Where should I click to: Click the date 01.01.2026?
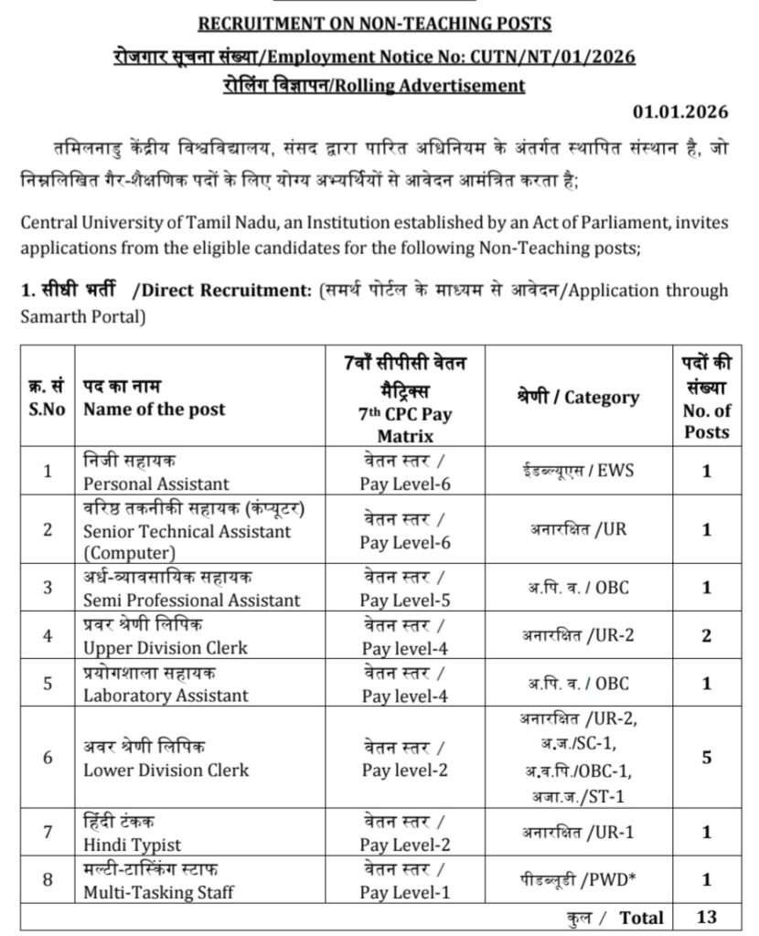click(x=680, y=112)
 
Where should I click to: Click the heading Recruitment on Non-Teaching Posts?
click(x=375, y=24)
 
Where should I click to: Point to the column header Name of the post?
click(x=155, y=409)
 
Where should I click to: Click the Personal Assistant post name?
click(x=156, y=483)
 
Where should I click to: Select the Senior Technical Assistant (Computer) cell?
click(x=187, y=530)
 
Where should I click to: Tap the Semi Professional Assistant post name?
click(x=191, y=600)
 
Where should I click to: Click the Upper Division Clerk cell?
click(x=166, y=647)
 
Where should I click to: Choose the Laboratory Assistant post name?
click(x=166, y=695)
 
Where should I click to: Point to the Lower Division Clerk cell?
click(x=166, y=769)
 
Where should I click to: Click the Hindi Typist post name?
click(x=133, y=845)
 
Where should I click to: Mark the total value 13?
click(x=706, y=917)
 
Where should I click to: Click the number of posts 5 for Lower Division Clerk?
click(x=706, y=758)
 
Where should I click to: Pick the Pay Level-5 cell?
click(x=405, y=600)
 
